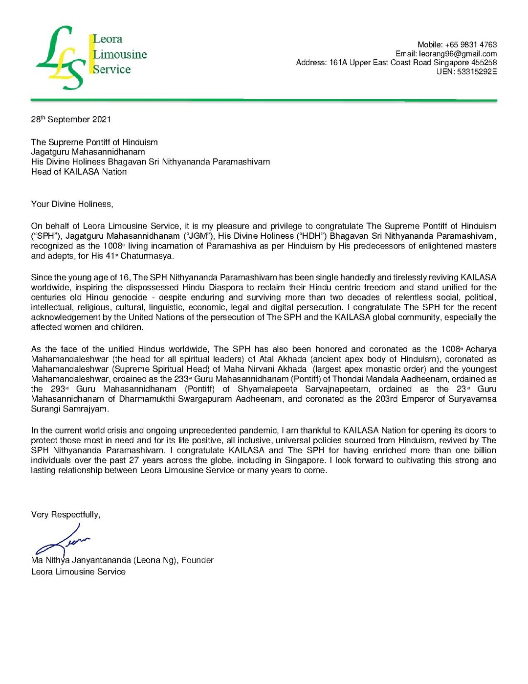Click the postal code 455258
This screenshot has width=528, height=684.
click(x=484, y=63)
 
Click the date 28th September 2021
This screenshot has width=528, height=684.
click(x=71, y=119)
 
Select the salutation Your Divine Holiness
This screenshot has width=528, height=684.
click(x=72, y=204)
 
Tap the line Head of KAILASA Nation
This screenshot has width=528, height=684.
click(x=79, y=172)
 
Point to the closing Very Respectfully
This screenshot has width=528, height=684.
click(x=66, y=515)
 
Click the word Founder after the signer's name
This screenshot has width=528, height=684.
click(x=198, y=560)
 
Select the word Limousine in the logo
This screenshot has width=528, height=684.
click(x=120, y=54)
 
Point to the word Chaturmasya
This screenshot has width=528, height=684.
click(x=147, y=256)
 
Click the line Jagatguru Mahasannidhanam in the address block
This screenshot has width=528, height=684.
click(x=88, y=152)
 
